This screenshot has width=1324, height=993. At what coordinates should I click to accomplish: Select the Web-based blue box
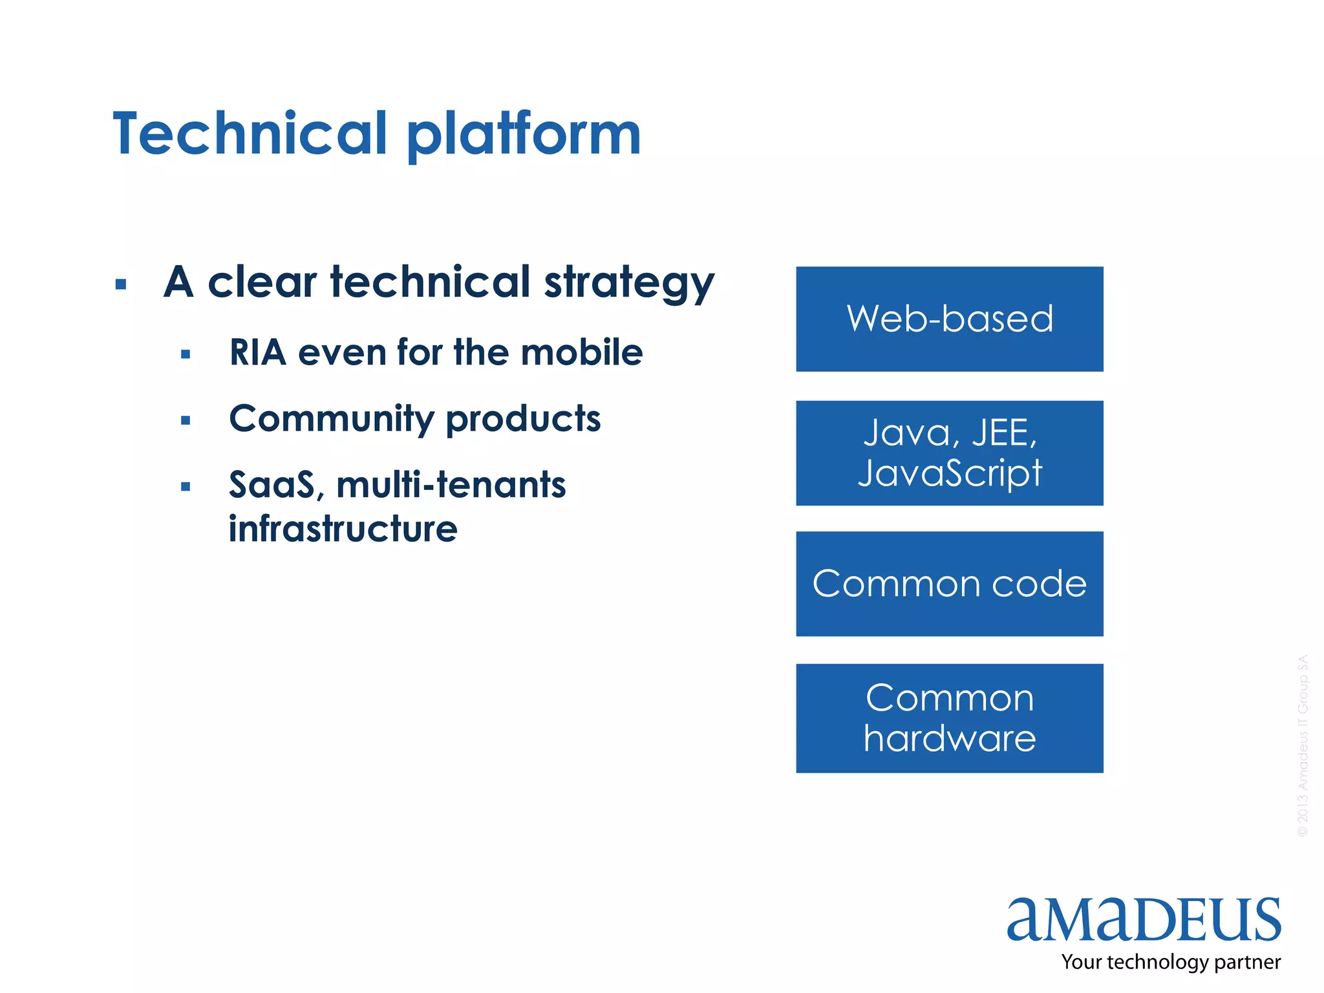949,319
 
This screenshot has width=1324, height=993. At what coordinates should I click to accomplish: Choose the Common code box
949,584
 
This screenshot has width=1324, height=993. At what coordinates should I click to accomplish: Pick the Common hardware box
949,718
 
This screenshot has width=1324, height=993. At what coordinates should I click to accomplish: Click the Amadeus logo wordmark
1143,919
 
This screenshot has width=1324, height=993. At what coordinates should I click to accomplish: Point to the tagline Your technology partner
1170,962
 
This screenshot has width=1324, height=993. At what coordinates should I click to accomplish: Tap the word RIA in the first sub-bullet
257,353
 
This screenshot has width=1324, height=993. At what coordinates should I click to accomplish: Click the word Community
331,419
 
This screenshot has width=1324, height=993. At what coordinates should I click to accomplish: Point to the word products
523,419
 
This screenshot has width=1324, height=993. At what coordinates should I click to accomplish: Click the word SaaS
272,485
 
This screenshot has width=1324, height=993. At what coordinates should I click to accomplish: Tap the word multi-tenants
451,485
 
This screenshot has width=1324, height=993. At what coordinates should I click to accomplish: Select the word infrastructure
343,529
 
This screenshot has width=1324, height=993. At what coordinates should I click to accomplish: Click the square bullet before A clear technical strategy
120,284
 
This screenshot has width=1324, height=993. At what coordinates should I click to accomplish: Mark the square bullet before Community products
186,420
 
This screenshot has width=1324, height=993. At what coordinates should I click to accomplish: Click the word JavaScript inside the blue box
949,473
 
